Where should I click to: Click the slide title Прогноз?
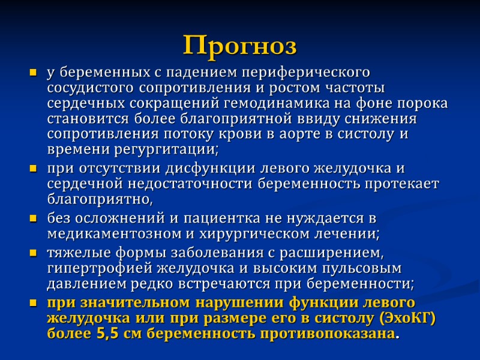pos(240,44)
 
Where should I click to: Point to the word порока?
pos(425,103)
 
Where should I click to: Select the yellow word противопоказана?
pos(332,333)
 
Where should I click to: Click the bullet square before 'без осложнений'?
pos(34,218)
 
